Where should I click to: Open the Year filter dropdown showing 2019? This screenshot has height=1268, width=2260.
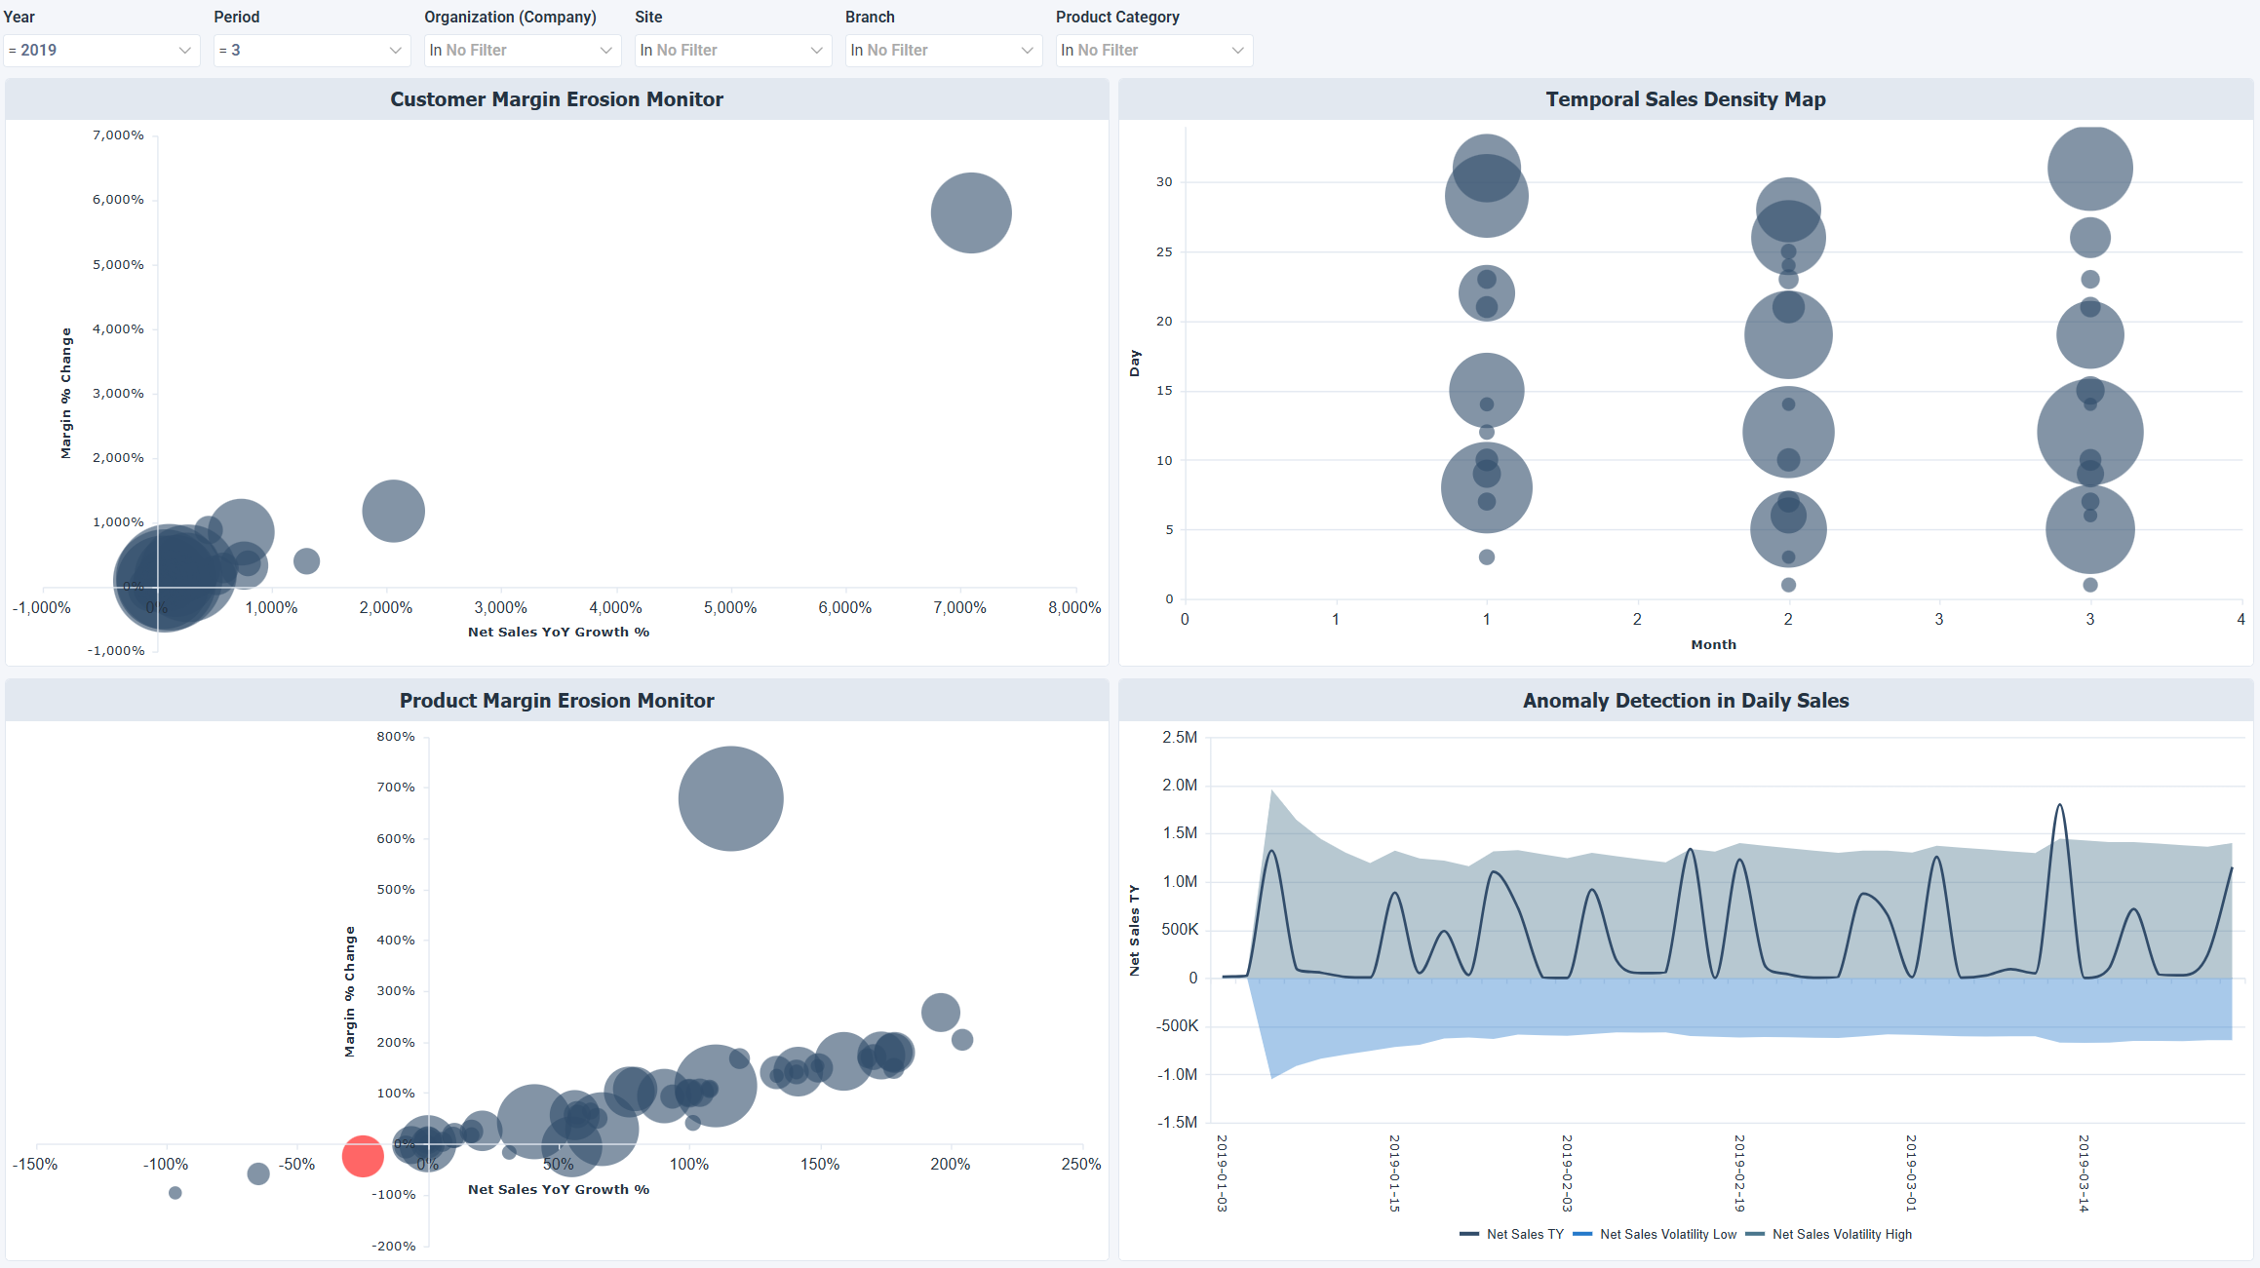101,50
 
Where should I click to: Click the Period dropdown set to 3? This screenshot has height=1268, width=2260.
311,50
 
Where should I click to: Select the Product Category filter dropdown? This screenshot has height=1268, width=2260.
1153,50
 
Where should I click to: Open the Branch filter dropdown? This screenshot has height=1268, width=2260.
943,50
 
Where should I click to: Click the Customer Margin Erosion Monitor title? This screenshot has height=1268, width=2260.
557,99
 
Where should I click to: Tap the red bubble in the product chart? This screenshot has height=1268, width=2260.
363,1156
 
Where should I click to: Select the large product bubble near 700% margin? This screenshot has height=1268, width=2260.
730,798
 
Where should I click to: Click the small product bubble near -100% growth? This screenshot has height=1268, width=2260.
175,1193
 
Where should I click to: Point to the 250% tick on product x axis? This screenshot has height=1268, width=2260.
1081,1164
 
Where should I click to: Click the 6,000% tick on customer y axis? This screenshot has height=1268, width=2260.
118,200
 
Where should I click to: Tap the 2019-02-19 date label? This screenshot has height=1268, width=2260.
1739,1172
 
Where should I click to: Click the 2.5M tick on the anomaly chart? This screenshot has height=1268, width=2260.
1180,737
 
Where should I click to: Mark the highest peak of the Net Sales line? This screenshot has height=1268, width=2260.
2059,805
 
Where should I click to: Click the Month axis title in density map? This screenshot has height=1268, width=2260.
1713,644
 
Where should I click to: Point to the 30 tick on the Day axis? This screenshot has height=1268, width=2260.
1164,182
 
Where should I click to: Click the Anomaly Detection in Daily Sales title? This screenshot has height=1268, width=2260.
1685,701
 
